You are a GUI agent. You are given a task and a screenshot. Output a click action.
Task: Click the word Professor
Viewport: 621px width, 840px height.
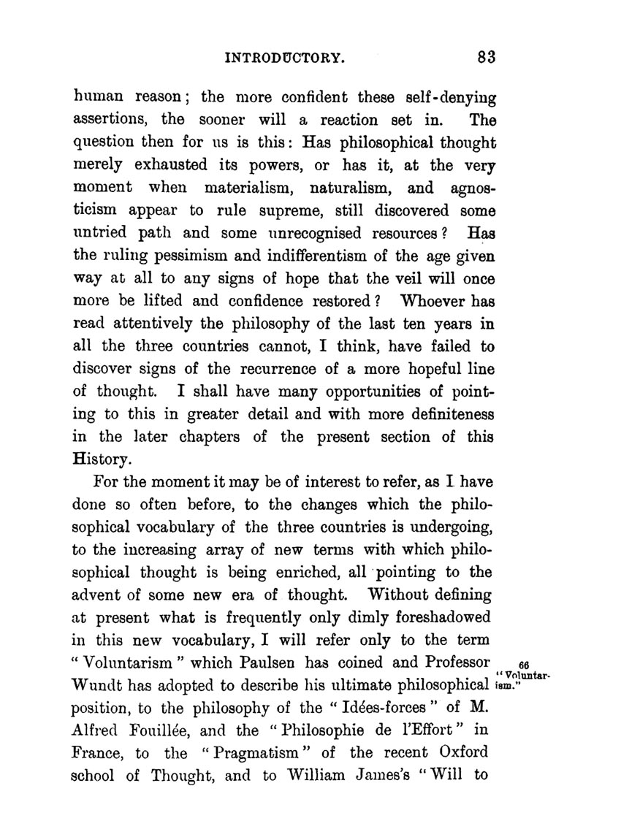click(452, 663)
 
